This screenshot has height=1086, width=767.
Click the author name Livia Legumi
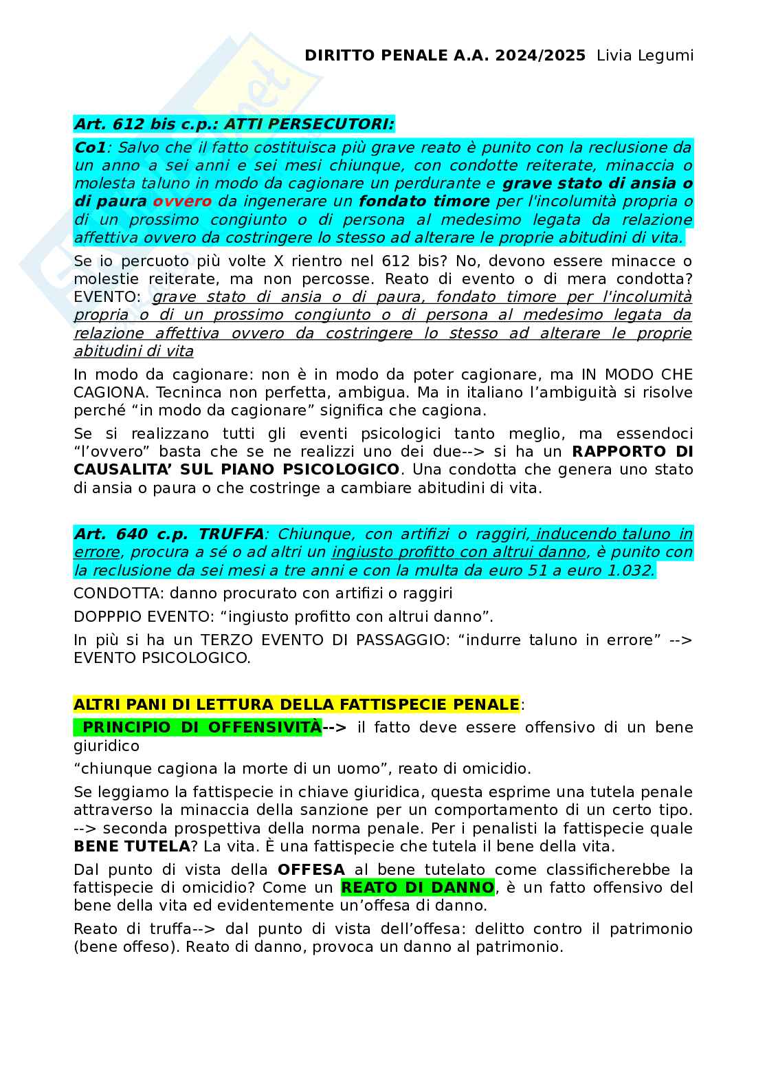point(645,56)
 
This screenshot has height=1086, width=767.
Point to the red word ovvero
point(182,202)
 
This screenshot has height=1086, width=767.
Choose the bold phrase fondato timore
point(424,202)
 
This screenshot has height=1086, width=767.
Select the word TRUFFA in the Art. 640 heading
point(231,534)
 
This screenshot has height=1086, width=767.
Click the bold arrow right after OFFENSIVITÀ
point(335,728)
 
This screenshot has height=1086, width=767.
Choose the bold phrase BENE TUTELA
point(132,847)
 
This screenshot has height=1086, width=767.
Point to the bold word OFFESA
point(311,870)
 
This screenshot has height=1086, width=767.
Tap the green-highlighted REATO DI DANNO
point(417,888)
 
